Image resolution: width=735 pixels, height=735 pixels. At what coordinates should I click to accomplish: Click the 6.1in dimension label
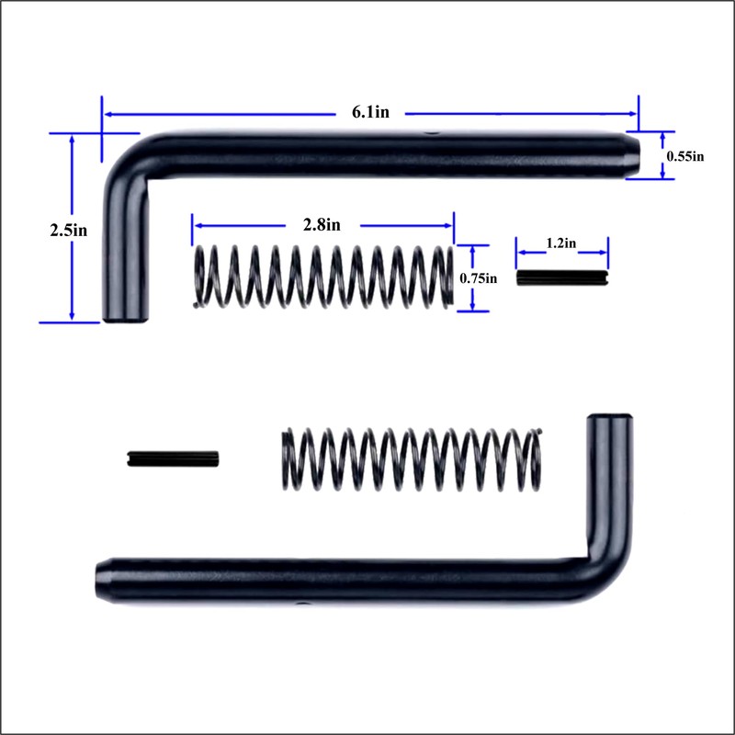pyautogui.click(x=370, y=113)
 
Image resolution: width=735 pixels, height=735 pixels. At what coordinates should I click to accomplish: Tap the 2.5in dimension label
pyautogui.click(x=69, y=230)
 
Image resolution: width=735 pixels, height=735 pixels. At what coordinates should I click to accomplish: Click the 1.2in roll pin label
pyautogui.click(x=561, y=243)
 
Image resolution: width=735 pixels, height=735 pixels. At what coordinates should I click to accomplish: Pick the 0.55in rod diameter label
pyautogui.click(x=684, y=156)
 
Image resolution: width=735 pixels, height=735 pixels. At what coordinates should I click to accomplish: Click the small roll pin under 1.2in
pyautogui.click(x=562, y=277)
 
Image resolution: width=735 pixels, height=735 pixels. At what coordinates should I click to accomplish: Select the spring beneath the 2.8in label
pyautogui.click(x=323, y=276)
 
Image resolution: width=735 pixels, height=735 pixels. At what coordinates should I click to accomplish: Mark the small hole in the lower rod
pyautogui.click(x=300, y=604)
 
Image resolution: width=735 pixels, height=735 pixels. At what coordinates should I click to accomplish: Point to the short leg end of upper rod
pyautogui.click(x=126, y=314)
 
